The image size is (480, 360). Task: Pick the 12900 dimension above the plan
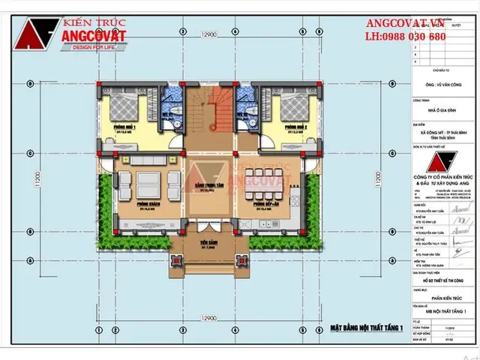point(208,35)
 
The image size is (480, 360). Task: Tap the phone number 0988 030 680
point(406,36)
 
